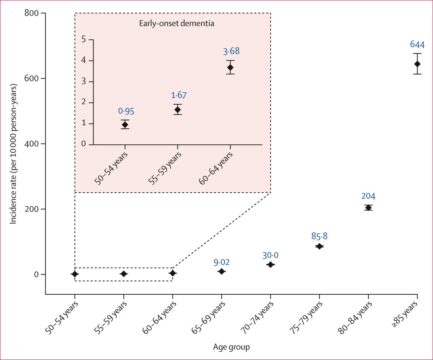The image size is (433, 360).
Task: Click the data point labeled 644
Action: (x=417, y=64)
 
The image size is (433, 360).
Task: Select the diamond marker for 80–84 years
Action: (x=368, y=207)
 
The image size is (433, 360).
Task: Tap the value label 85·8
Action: (x=319, y=236)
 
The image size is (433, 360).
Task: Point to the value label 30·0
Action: (x=270, y=255)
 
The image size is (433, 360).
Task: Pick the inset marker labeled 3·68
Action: (x=230, y=67)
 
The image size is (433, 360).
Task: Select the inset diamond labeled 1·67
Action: (x=178, y=110)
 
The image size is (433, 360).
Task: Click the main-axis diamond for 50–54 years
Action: (x=75, y=274)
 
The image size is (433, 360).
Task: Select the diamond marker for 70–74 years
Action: (x=270, y=265)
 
